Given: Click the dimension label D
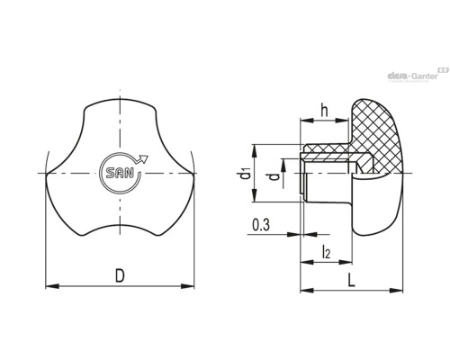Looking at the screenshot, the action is (120, 276).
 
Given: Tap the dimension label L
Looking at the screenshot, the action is (351, 281).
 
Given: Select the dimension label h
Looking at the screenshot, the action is (324, 110).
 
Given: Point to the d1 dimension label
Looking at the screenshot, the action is (245, 174).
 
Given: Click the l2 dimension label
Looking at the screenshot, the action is (326, 252).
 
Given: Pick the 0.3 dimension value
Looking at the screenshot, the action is (261, 225).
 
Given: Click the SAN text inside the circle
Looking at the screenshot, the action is (120, 173).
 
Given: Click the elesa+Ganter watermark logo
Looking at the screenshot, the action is (418, 75).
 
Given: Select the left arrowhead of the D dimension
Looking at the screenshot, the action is (52, 286).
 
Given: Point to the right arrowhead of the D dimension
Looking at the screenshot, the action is (187, 286).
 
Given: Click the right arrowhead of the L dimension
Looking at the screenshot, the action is (396, 290).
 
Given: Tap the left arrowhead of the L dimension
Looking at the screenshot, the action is (307, 290).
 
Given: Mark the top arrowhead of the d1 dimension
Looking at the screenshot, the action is (255, 151).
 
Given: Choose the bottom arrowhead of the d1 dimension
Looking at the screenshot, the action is (255, 195).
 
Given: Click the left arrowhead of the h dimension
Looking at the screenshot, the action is (307, 121).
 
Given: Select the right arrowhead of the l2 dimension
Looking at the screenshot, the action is (346, 262).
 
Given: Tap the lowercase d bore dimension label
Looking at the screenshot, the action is (274, 177).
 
